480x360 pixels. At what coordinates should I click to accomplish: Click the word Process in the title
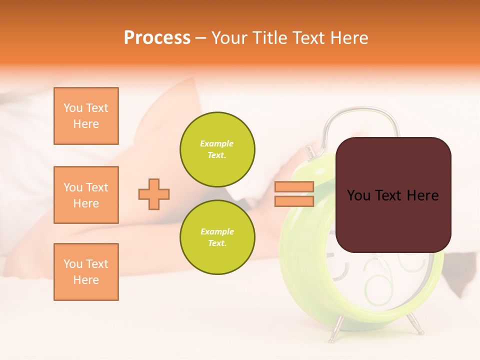click(157, 38)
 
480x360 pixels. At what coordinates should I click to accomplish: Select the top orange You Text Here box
click(86, 116)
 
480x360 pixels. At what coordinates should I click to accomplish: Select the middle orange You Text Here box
click(86, 195)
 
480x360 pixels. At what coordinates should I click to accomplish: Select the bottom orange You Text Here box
click(86, 272)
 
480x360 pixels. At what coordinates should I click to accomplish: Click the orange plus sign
click(154, 194)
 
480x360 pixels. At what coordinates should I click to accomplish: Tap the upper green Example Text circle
click(217, 149)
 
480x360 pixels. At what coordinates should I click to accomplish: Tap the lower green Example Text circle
click(217, 237)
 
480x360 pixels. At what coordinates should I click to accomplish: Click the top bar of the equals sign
click(294, 187)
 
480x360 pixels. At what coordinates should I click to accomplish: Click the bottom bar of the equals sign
click(294, 201)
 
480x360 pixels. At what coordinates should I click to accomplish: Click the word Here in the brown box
click(422, 195)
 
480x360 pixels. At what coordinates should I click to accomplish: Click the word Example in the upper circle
click(217, 143)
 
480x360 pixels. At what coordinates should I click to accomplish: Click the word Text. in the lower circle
click(217, 243)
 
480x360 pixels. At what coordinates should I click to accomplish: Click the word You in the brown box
click(358, 195)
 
